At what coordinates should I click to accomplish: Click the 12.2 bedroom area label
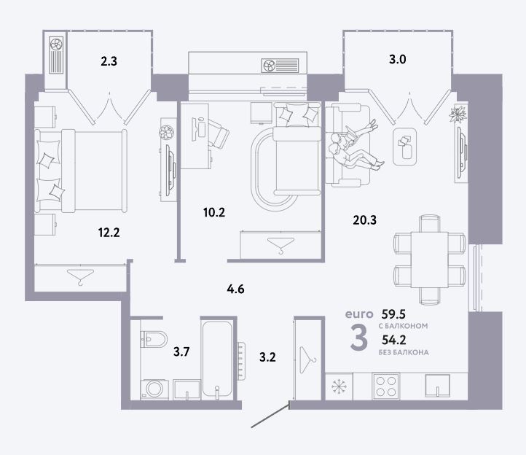(x=109, y=233)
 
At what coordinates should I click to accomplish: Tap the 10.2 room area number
(x=214, y=212)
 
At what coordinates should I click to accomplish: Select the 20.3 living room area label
(x=365, y=220)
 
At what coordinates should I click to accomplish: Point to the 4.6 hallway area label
(x=235, y=289)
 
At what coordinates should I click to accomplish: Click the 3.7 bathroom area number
(x=181, y=351)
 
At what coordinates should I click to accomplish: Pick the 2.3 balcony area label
(x=109, y=61)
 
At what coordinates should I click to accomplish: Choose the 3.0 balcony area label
(x=398, y=59)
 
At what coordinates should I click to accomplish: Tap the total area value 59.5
(x=393, y=314)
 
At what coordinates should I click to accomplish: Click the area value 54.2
(x=394, y=340)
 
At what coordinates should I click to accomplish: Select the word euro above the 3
(x=359, y=314)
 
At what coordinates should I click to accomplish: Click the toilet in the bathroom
(x=154, y=339)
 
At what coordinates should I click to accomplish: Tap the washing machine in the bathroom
(x=154, y=389)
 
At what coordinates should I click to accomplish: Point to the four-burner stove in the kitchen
(x=386, y=386)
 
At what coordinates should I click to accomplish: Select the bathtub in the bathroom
(x=217, y=359)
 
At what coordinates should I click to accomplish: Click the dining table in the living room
(x=430, y=259)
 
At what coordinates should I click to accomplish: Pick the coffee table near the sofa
(x=404, y=147)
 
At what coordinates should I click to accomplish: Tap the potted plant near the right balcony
(x=458, y=114)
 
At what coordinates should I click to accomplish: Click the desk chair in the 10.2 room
(x=218, y=133)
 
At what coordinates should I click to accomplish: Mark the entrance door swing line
(x=270, y=416)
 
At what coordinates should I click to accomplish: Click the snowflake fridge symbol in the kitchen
(x=339, y=386)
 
